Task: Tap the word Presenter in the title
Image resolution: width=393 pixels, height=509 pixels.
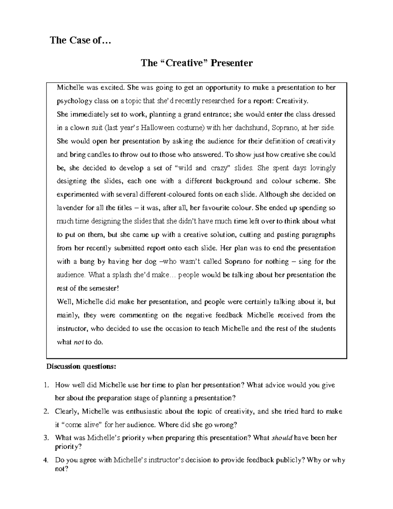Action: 231,63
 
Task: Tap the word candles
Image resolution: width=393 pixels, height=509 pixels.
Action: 97,154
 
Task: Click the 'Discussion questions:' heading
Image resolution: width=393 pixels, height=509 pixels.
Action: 81,366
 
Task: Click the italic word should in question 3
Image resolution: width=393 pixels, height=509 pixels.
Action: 282,438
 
